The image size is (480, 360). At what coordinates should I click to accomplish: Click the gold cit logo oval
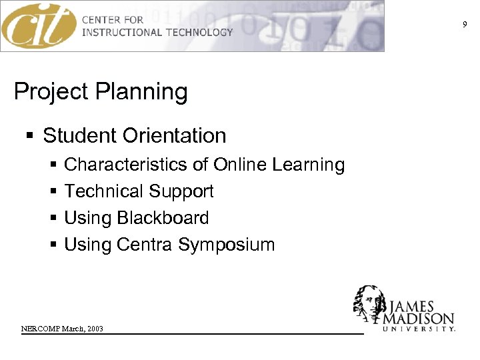(39, 26)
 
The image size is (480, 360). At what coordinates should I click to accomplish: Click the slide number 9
(465, 25)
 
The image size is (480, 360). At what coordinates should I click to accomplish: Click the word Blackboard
(163, 218)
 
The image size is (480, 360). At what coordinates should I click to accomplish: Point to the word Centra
(145, 245)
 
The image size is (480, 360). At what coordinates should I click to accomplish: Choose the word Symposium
(226, 245)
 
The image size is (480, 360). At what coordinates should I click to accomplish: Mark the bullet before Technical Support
(53, 192)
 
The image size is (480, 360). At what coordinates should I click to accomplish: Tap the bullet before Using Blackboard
(53, 219)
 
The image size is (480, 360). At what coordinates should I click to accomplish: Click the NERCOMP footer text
(62, 329)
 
